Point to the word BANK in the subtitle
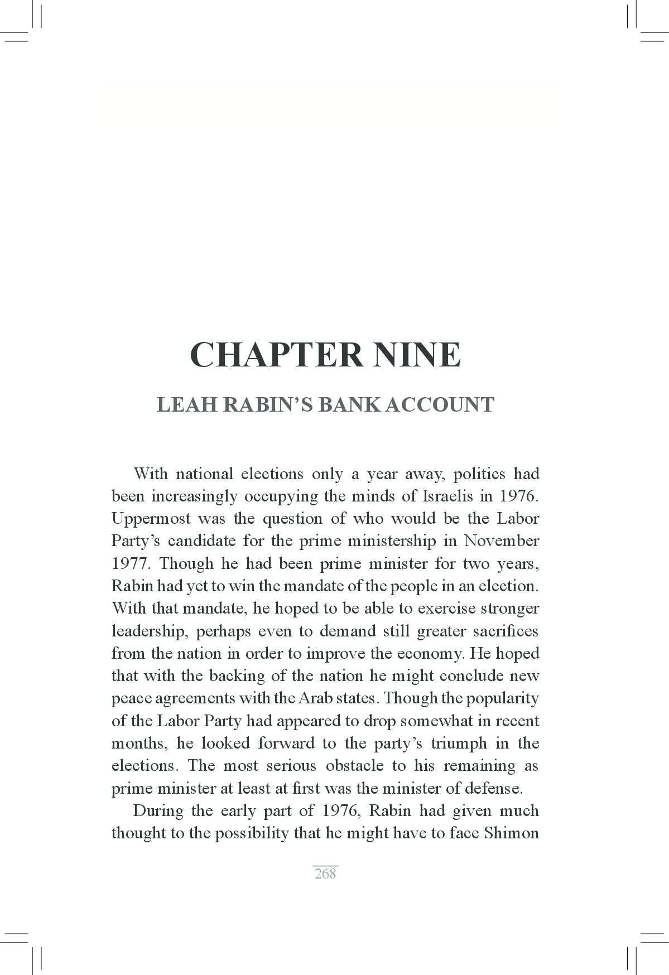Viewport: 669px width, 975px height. [x=349, y=404]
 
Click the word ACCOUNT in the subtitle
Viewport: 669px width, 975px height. [x=440, y=404]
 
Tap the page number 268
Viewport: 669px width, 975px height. [x=325, y=873]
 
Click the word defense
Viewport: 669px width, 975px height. [x=496, y=789]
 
